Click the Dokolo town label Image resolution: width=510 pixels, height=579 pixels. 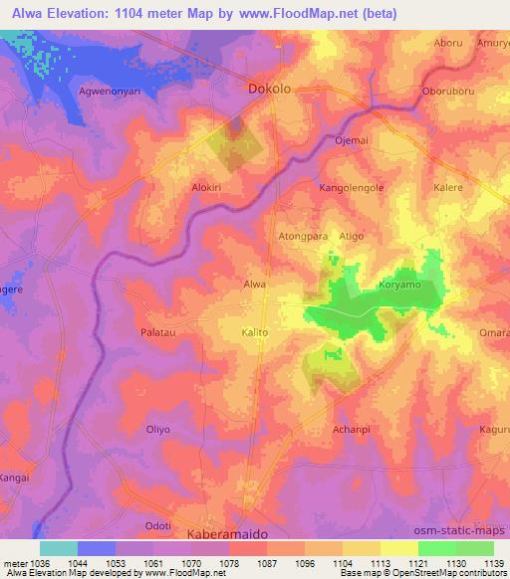click(x=269, y=89)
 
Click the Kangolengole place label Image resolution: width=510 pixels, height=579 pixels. click(x=351, y=187)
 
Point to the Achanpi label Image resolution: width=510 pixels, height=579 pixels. click(x=351, y=429)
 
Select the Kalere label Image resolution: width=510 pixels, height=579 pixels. click(x=446, y=187)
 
